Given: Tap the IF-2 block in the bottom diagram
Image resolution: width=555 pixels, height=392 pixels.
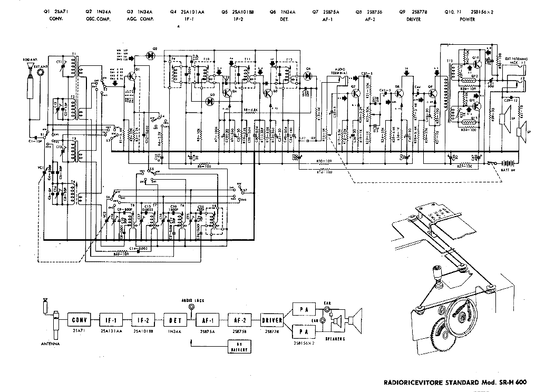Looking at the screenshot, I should [x=143, y=319].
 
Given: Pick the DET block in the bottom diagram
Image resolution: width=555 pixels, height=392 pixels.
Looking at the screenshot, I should [x=176, y=319].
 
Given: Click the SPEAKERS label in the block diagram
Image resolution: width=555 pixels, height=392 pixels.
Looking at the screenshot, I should [x=336, y=339].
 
